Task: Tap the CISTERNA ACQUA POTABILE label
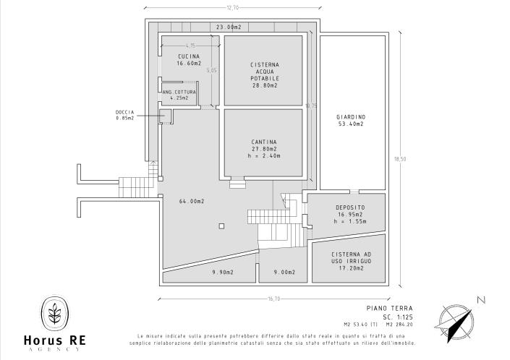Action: point(265,71)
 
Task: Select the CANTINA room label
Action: point(265,142)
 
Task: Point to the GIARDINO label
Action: point(351,117)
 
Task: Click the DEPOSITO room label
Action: point(351,207)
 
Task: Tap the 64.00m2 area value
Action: point(192,201)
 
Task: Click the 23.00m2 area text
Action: point(229,27)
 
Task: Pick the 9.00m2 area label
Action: point(284,273)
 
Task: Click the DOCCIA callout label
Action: point(124,112)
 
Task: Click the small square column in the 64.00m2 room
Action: point(219,226)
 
